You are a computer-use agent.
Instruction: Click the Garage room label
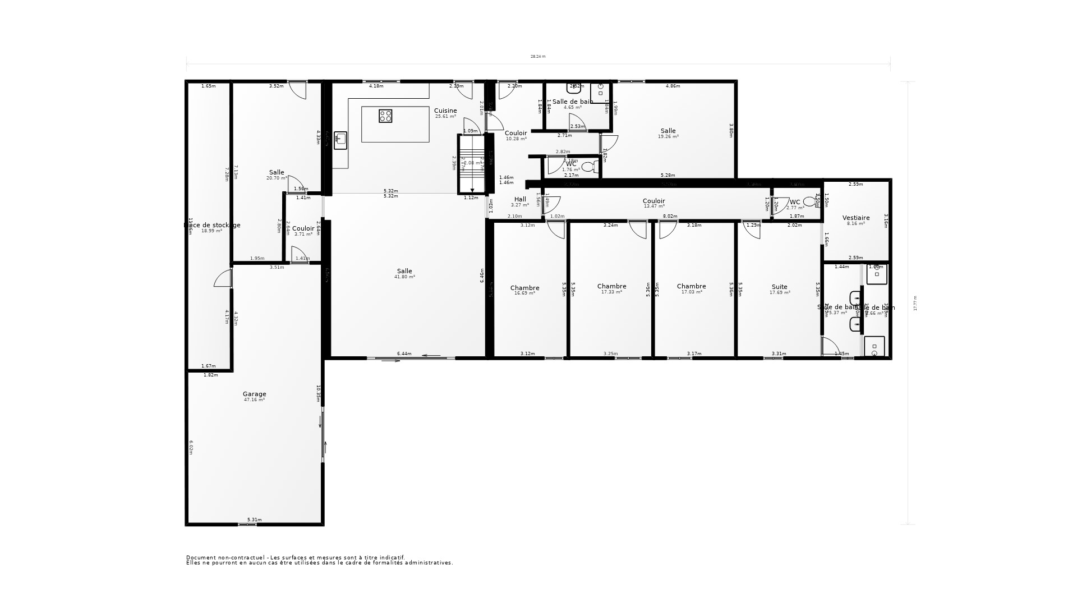254,394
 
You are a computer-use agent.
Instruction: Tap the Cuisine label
445,111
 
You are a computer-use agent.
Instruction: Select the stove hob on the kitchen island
385,116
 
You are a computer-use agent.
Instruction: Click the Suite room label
779,287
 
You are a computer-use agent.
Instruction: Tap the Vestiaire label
855,218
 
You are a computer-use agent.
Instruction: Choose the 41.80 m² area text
404,277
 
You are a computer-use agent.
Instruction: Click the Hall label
520,199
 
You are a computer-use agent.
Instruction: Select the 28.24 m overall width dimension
538,56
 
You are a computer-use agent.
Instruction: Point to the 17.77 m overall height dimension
915,303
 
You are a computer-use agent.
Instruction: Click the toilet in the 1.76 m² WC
589,166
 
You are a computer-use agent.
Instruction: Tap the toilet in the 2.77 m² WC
809,201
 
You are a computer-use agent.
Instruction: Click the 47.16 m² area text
254,400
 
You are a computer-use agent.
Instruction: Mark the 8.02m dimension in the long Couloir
670,216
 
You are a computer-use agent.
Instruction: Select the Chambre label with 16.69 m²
524,288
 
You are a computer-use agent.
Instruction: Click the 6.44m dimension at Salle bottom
404,353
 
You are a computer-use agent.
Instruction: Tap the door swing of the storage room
223,279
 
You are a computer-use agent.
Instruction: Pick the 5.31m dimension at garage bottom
254,520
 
